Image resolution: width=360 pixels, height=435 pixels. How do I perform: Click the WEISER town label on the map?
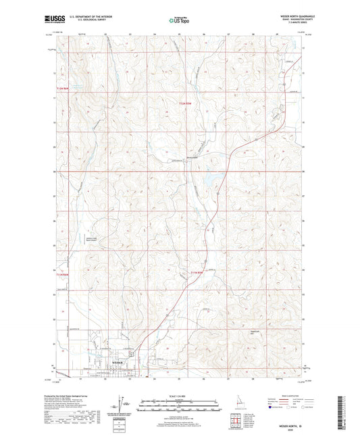[115, 363]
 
